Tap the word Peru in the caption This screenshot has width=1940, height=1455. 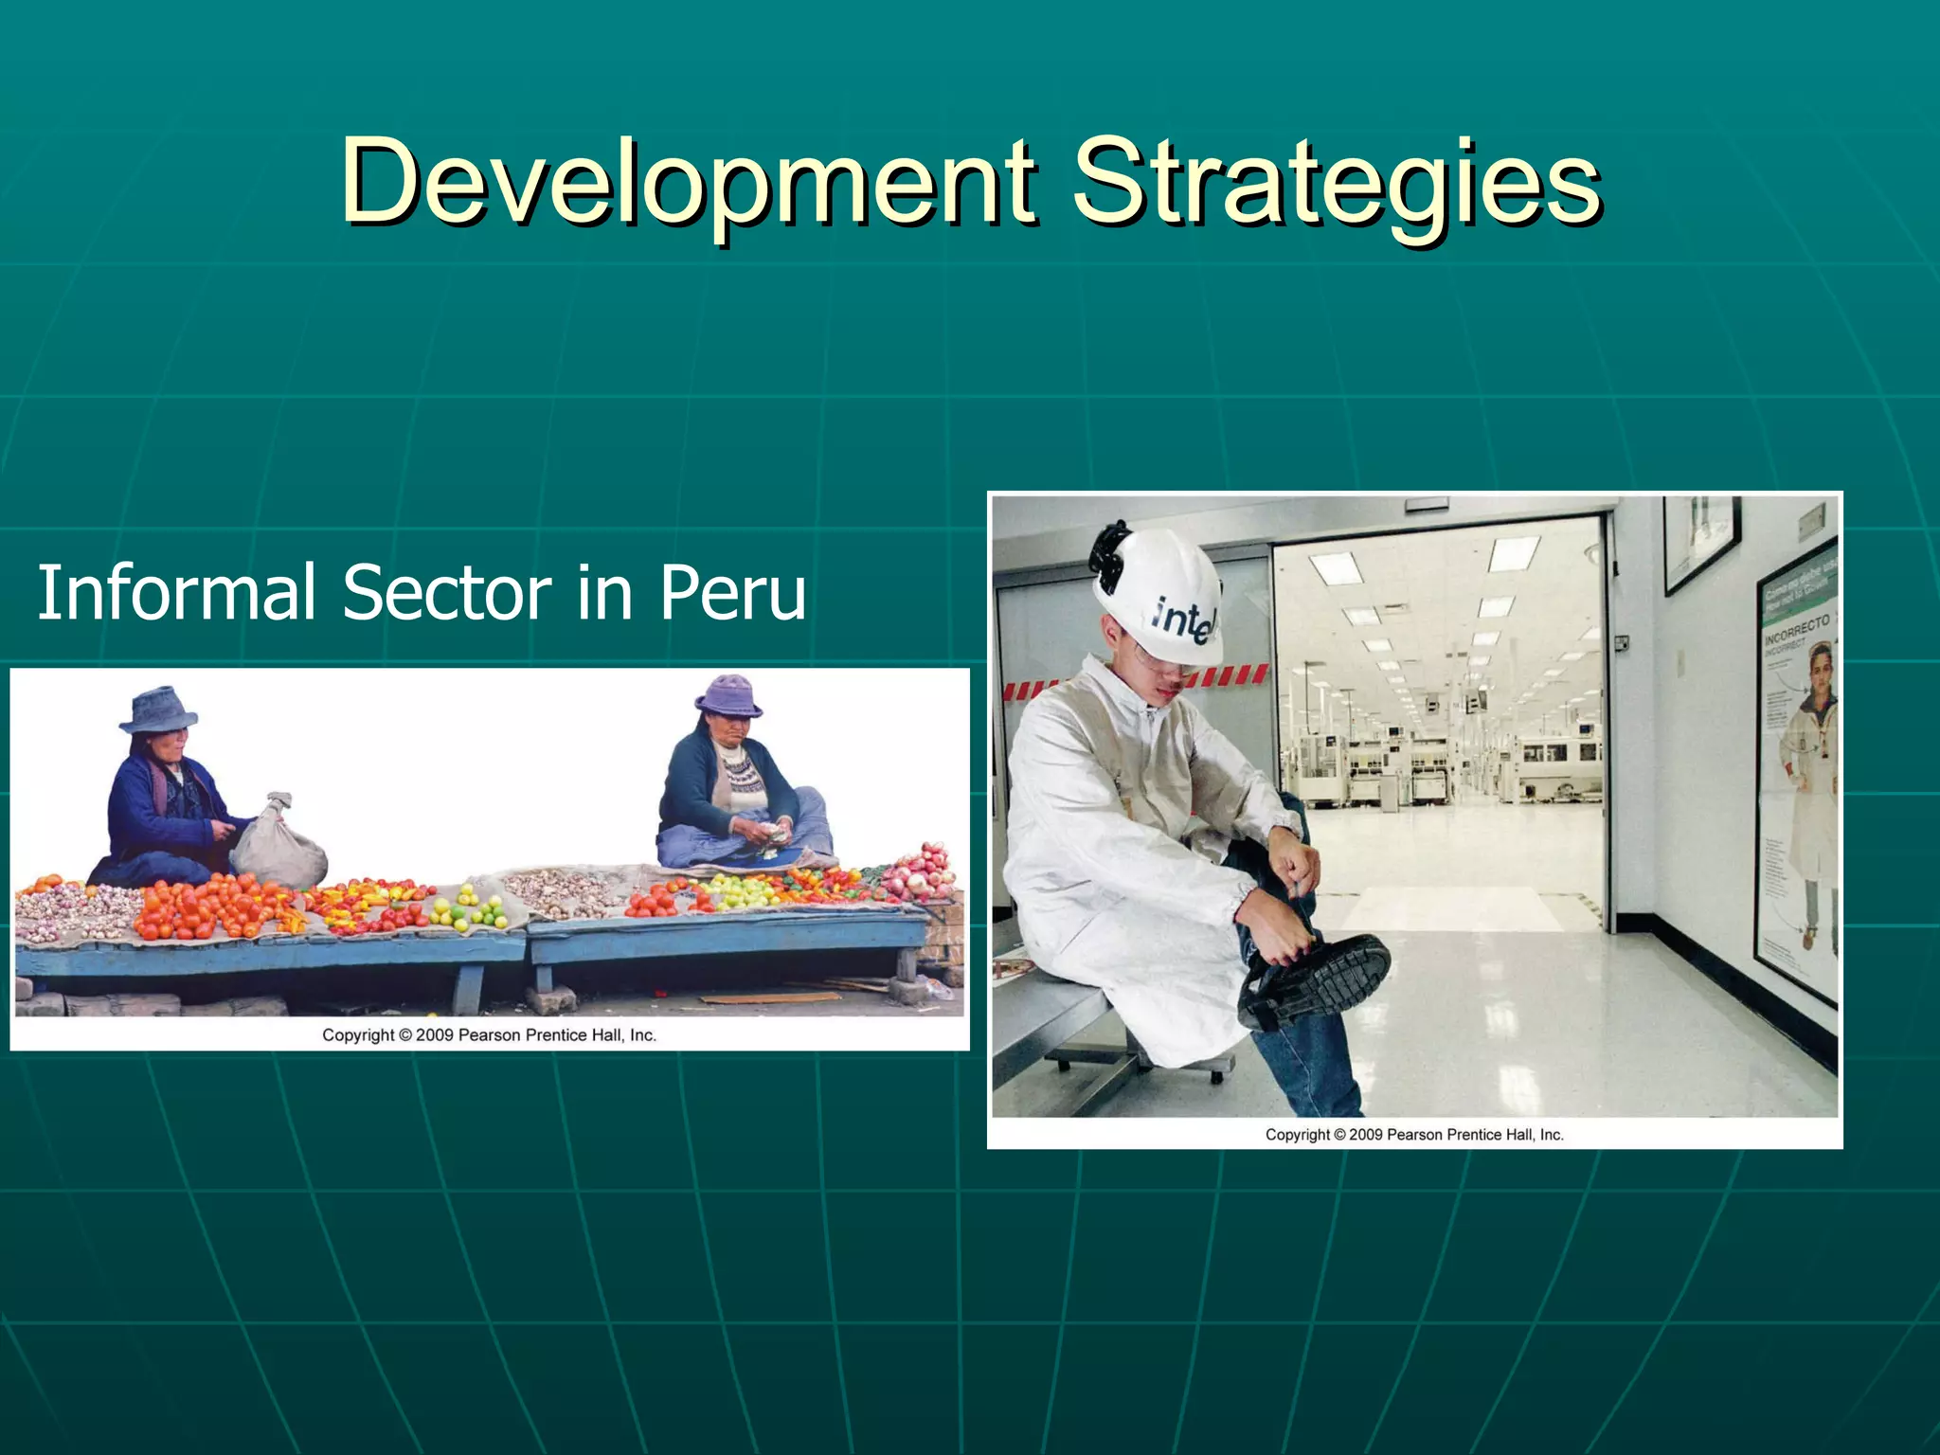(x=732, y=592)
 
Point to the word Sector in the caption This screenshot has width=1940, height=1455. (x=446, y=592)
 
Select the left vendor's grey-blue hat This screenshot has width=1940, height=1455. (x=159, y=709)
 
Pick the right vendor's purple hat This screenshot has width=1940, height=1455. (x=727, y=695)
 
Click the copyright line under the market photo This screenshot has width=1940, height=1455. (x=489, y=1035)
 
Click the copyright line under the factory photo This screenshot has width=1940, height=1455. (x=1414, y=1134)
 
